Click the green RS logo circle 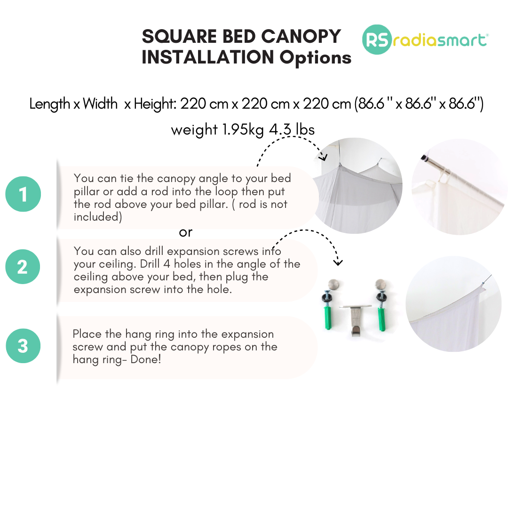(377, 40)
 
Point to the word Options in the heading (315, 58)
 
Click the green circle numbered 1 (23, 194)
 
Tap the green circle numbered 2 (23, 267)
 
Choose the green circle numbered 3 (23, 346)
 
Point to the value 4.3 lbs (292, 130)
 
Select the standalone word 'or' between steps (186, 232)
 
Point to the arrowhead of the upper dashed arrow (323, 158)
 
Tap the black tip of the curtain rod (424, 158)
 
